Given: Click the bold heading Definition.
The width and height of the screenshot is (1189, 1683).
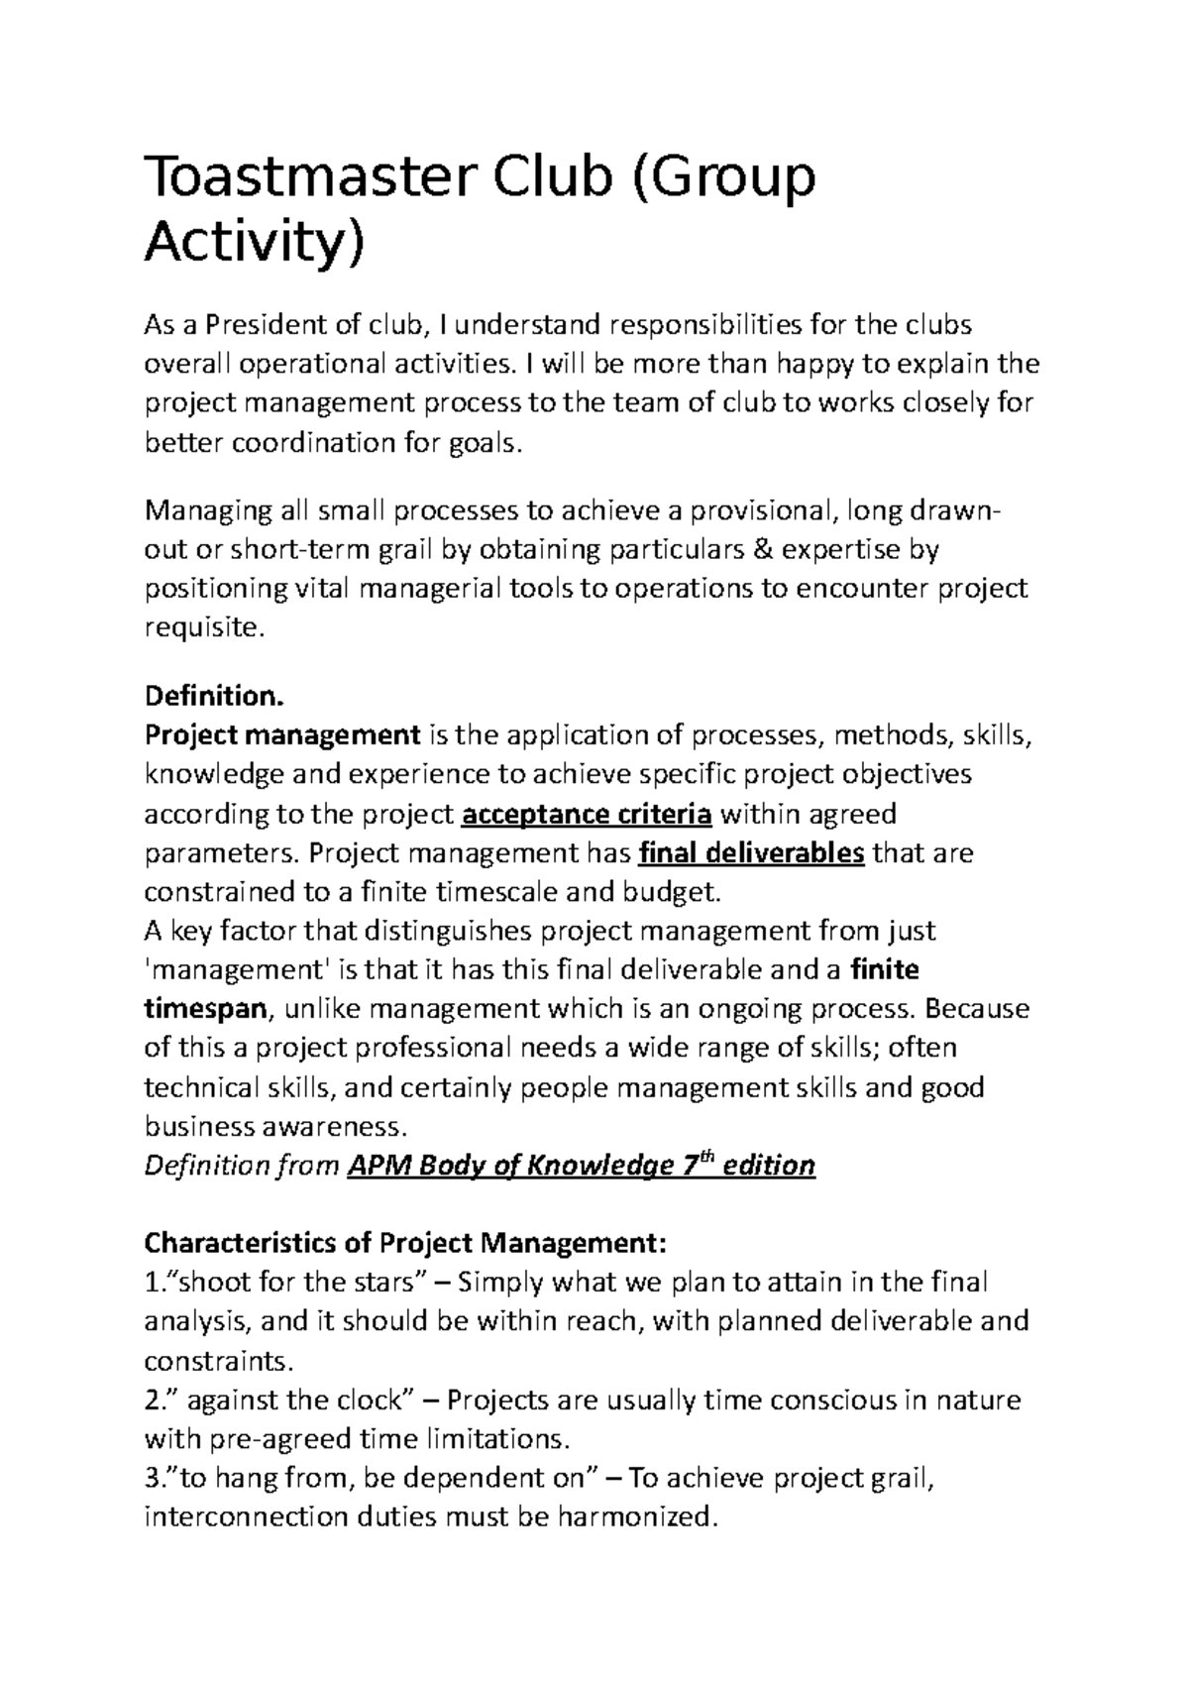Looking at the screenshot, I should (214, 696).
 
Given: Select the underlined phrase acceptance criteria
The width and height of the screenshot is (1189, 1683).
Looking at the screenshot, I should (588, 815).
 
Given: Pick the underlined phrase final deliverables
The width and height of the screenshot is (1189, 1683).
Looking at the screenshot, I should (753, 853).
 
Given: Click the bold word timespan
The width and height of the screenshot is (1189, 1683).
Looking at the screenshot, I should (205, 1010).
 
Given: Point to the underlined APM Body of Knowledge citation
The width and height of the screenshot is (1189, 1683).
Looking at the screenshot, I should (581, 1166).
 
